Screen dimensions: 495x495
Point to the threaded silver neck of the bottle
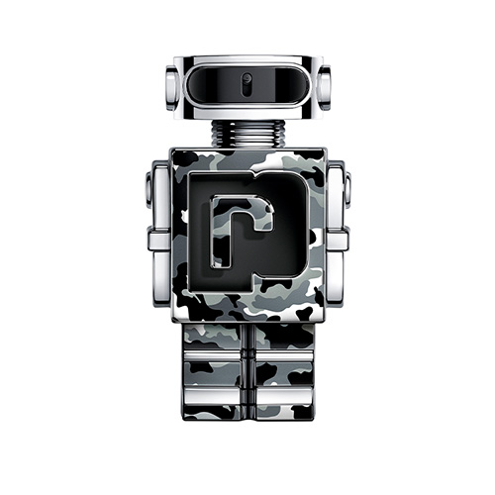click(x=247, y=134)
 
